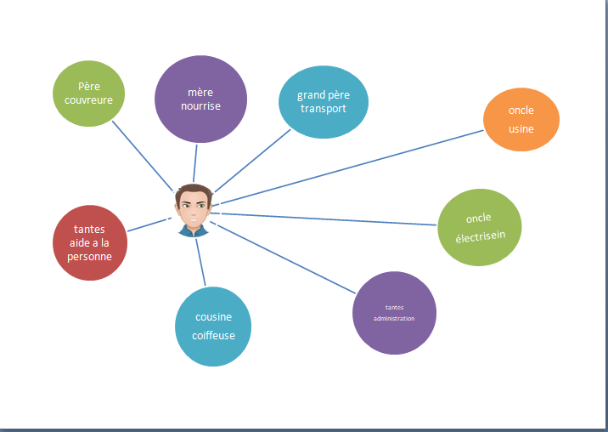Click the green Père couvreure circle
click(x=89, y=94)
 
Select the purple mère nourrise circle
click(x=201, y=99)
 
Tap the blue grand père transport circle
click(x=324, y=102)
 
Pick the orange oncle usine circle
click(x=521, y=119)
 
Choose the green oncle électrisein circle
click(x=480, y=227)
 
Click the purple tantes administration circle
click(x=394, y=313)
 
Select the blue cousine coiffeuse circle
click(x=213, y=327)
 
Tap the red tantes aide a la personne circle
click(x=90, y=243)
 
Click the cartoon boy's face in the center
click(x=194, y=210)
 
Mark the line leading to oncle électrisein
click(x=324, y=219)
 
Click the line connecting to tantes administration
click(x=283, y=257)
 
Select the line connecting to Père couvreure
click(x=143, y=156)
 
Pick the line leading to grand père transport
click(x=252, y=161)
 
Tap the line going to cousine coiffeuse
click(x=200, y=262)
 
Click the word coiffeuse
click(x=214, y=335)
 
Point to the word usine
click(x=521, y=128)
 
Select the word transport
click(x=324, y=109)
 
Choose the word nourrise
click(x=201, y=105)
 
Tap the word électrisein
click(x=481, y=236)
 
